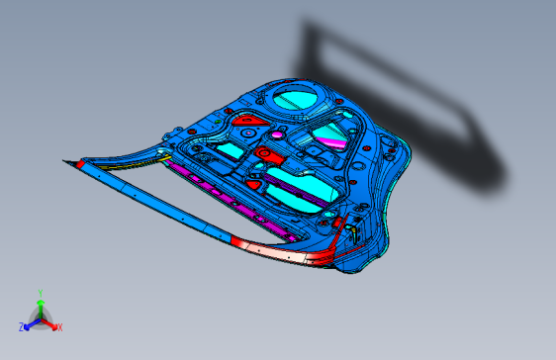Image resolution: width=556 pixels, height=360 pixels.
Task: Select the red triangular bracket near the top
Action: [249, 121]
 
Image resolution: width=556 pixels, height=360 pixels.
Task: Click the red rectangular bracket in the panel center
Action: [265, 158]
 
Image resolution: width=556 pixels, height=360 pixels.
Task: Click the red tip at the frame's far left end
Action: [71, 161]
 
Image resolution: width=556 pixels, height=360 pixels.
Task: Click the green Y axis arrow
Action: [41, 306]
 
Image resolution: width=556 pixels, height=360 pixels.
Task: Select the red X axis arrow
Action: [50, 322]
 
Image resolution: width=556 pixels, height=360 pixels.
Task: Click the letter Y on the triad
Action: [41, 294]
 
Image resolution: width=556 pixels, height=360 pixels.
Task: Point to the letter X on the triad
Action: [59, 327]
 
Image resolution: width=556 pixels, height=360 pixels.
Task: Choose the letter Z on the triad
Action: [22, 326]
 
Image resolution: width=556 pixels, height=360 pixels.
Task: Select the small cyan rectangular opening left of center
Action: [230, 149]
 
